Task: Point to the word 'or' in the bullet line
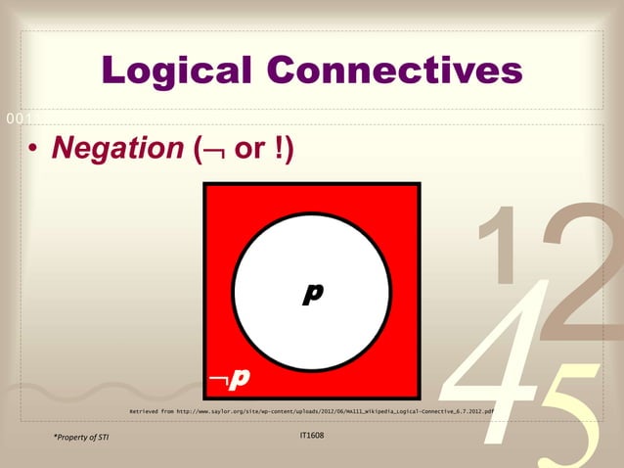[x=249, y=151]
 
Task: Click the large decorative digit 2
[x=577, y=264]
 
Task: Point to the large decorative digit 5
[x=567, y=411]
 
